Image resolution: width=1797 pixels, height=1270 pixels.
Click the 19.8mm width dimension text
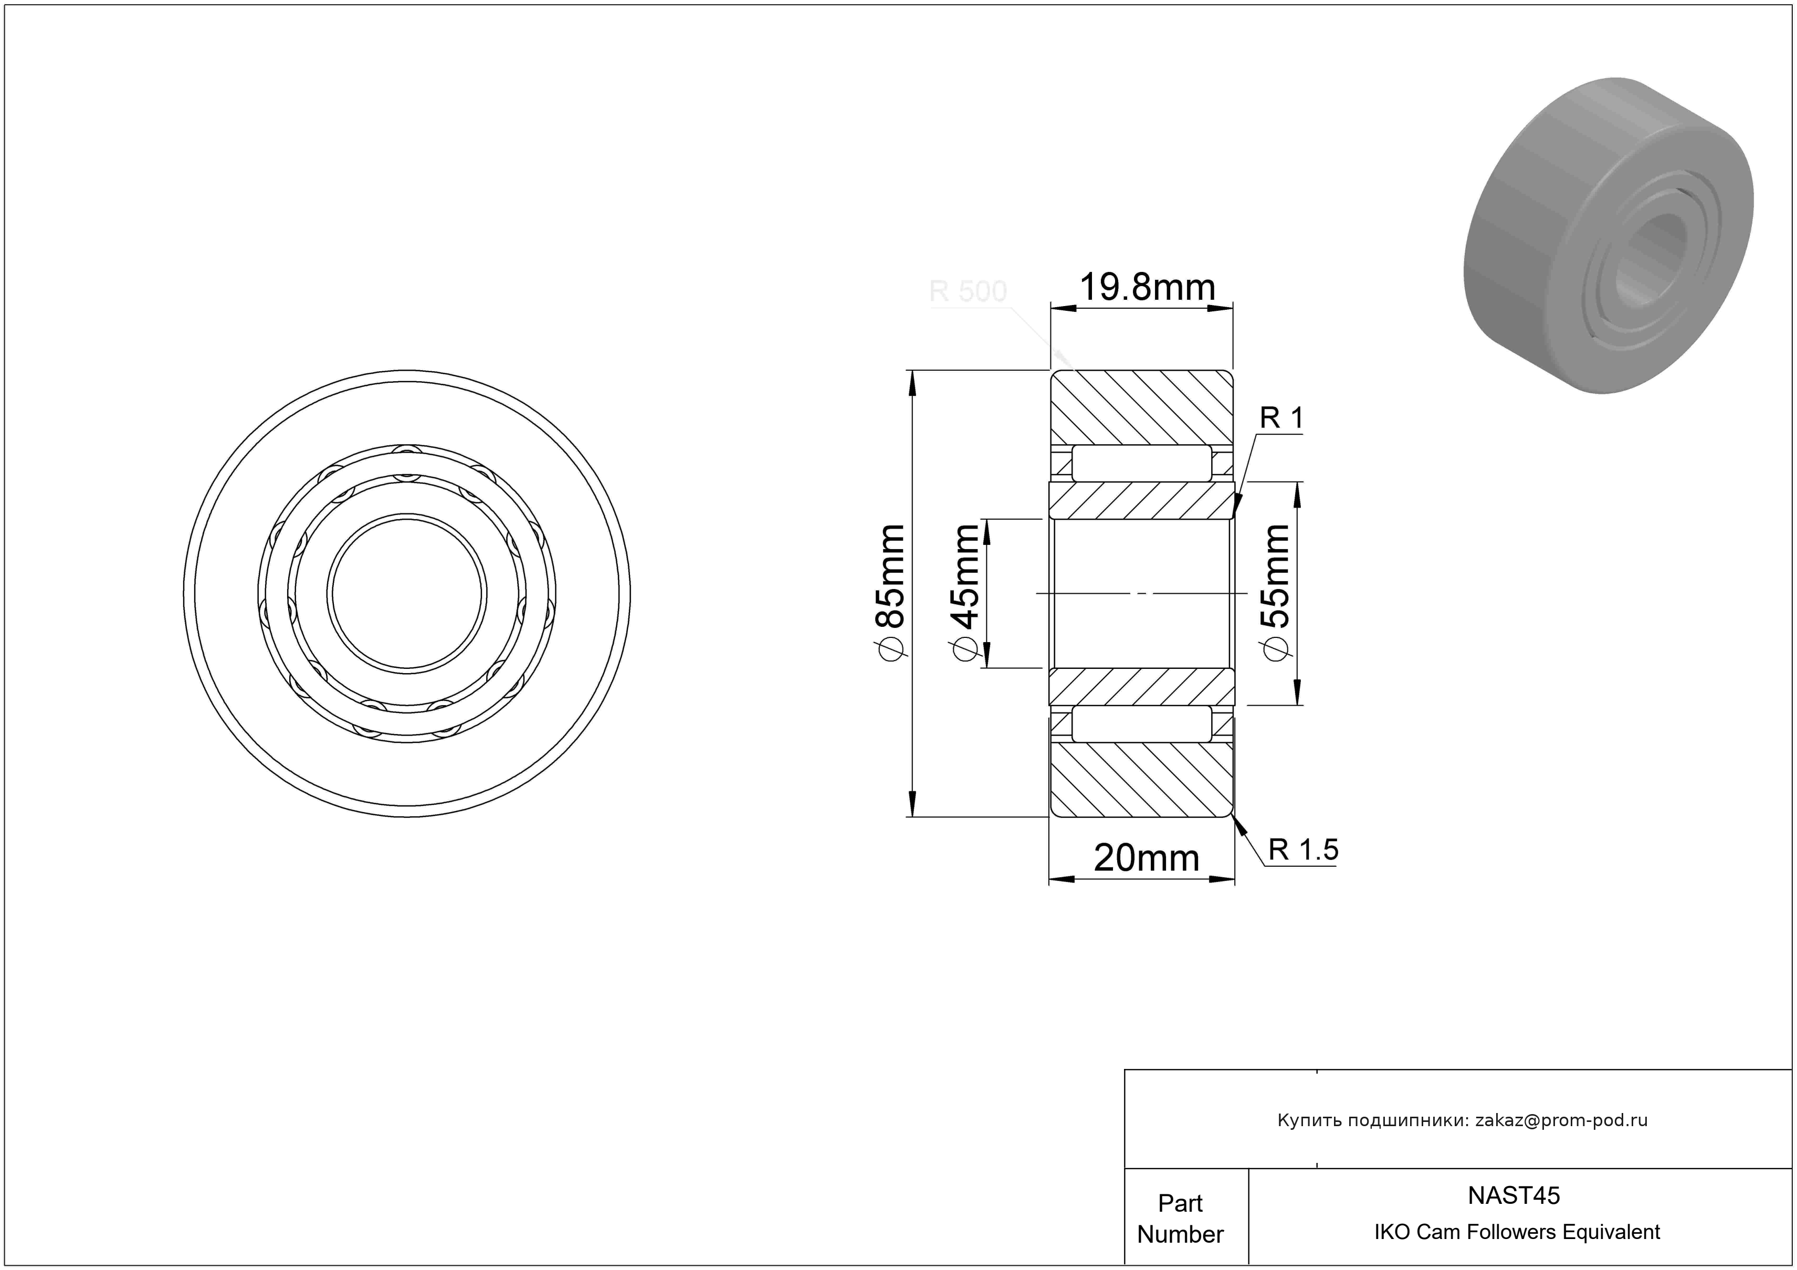pyautogui.click(x=1148, y=288)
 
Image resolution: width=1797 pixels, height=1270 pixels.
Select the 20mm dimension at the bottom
pyautogui.click(x=1146, y=858)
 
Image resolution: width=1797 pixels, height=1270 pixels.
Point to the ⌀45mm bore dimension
pyautogui.click(x=966, y=593)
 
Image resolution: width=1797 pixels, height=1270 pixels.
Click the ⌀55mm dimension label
pyautogui.click(x=1276, y=593)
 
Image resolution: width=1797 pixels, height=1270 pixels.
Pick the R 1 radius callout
pyautogui.click(x=1281, y=418)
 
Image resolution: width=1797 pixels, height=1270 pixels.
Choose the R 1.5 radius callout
pyautogui.click(x=1303, y=850)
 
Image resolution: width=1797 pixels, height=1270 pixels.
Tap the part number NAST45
pyautogui.click(x=1514, y=1195)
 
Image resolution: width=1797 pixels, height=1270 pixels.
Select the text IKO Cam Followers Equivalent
pyautogui.click(x=1517, y=1232)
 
